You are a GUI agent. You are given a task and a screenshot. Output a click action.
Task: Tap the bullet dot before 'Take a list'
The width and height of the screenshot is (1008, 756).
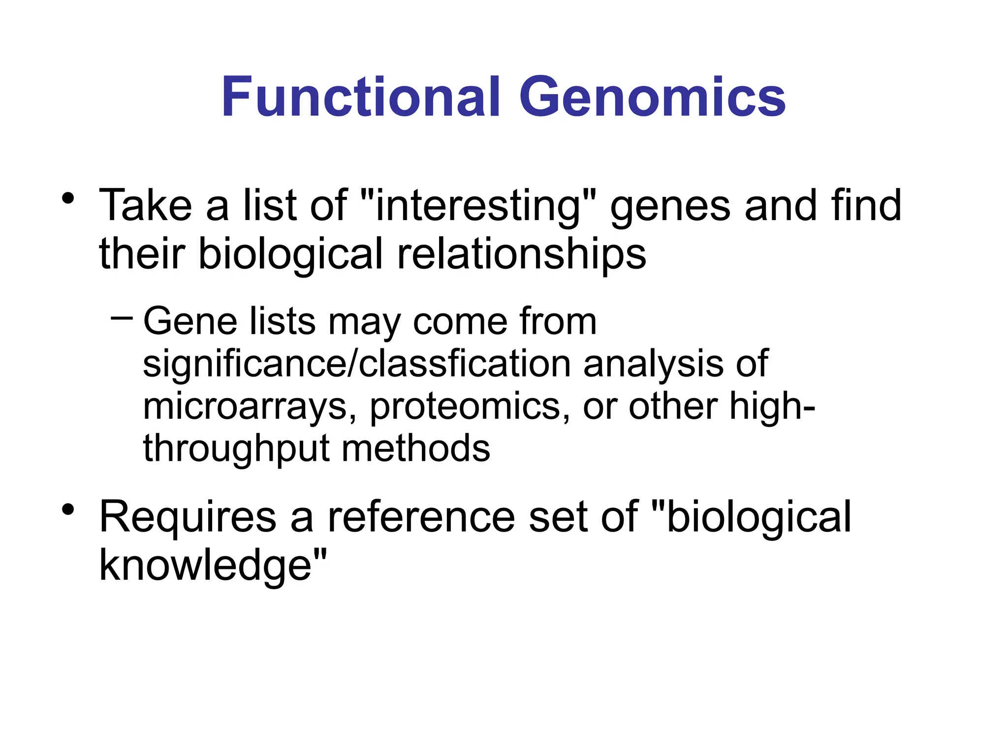tap(68, 199)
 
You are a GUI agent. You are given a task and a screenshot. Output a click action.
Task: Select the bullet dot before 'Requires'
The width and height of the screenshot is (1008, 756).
tap(68, 510)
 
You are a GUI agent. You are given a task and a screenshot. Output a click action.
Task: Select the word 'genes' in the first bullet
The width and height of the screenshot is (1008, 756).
tap(670, 206)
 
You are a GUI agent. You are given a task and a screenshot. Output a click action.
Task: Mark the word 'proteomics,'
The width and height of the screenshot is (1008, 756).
tap(470, 407)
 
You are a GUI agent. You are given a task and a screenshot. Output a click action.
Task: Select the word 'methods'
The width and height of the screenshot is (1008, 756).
tap(416, 449)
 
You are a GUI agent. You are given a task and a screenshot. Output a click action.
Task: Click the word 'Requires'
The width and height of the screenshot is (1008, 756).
tap(188, 517)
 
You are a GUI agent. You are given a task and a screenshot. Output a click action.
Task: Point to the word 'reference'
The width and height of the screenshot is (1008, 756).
tap(421, 517)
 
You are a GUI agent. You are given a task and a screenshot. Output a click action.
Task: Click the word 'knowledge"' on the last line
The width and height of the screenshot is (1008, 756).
tap(213, 565)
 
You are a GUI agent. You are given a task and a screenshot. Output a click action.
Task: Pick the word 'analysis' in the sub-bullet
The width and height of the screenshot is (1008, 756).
tap(653, 364)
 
